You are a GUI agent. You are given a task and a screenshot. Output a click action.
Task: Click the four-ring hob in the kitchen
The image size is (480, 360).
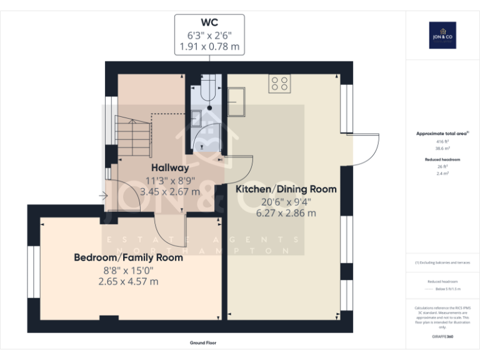pyautogui.click(x=279, y=84)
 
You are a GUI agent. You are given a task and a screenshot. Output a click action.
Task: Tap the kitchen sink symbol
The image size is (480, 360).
pyautogui.click(x=237, y=101)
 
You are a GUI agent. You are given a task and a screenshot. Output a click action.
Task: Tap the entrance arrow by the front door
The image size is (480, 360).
pyautogui.click(x=102, y=196)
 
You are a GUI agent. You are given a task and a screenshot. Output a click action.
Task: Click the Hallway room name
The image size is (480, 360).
pyautogui.click(x=170, y=167)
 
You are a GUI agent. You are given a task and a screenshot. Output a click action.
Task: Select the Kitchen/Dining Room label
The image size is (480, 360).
pyautogui.click(x=286, y=189)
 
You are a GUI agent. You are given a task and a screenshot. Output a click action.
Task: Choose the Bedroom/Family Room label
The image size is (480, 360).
pyautogui.click(x=128, y=257)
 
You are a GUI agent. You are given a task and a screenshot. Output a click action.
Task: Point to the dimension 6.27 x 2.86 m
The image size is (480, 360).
pyautogui.click(x=286, y=213)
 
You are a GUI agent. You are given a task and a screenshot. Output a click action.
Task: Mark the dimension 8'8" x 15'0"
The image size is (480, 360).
pyautogui.click(x=128, y=270)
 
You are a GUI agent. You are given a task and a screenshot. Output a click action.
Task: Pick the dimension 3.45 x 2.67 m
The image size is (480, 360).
pyautogui.click(x=170, y=192)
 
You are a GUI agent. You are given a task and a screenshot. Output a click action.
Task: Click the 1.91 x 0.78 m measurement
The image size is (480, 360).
pyautogui.click(x=209, y=47)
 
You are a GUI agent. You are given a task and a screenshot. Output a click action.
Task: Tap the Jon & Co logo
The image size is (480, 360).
pyautogui.click(x=442, y=35)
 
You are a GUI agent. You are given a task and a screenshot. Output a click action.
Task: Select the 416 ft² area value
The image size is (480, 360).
pyautogui.click(x=442, y=142)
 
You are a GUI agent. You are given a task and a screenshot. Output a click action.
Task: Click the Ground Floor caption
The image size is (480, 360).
pyautogui.click(x=203, y=343)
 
